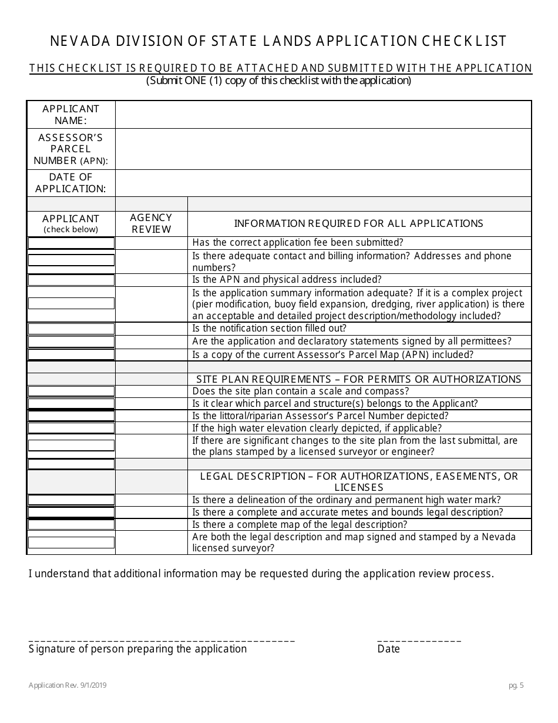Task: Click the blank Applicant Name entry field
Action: coord(323,115)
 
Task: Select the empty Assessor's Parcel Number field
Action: coord(323,149)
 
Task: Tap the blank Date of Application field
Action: coord(323,183)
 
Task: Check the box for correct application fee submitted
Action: coord(71,243)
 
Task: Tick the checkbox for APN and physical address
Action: coord(71,280)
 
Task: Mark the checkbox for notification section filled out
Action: coord(71,329)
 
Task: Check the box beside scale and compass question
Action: coord(71,391)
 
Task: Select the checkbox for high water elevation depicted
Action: coord(71,429)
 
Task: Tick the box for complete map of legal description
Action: coord(71,525)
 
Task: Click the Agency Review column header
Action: coord(152,224)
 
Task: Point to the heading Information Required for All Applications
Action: coord(359,223)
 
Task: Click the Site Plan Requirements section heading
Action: coord(359,379)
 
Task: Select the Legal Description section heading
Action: coord(359,481)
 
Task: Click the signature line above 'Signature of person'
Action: coord(162,640)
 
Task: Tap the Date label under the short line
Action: coord(388,649)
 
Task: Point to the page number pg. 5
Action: coord(516,685)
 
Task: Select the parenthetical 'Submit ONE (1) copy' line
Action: coord(279,81)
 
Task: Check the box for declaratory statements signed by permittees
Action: coord(71,342)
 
